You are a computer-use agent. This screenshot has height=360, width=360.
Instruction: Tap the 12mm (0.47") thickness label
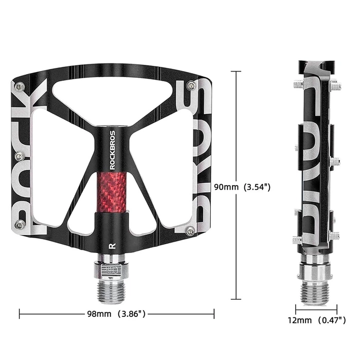point(316,320)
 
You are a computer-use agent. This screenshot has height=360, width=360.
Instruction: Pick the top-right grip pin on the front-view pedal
point(191,85)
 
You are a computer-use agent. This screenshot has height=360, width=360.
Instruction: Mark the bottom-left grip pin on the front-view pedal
point(21,224)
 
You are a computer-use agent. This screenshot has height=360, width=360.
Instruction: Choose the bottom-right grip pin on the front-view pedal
point(191,230)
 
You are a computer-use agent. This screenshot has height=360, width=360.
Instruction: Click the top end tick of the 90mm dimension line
point(236,71)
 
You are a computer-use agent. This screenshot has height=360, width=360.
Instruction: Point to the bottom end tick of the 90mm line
point(236,299)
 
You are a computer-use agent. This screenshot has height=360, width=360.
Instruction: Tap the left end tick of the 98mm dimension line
point(19,313)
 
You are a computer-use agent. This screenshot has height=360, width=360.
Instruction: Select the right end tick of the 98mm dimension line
point(214,313)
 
